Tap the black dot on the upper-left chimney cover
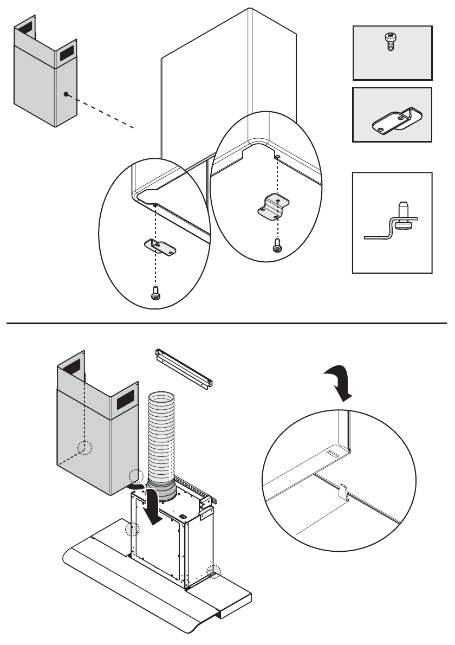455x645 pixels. [66, 94]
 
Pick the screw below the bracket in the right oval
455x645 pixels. [277, 246]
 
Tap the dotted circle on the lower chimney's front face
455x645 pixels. [84, 448]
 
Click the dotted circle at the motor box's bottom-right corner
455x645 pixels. [214, 570]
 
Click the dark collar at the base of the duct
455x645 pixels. [162, 491]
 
